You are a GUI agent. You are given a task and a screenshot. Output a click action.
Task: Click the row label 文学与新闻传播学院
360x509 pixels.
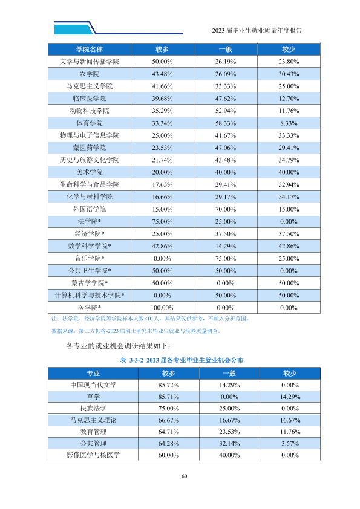[90, 62]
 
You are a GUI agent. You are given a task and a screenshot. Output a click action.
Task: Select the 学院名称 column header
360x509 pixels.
[90, 50]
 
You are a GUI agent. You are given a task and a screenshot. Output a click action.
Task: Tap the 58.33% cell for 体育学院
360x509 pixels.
[226, 123]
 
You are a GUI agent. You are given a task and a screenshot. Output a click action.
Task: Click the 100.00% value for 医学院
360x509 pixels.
[163, 308]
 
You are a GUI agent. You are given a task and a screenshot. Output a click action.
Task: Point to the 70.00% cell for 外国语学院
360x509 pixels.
[226, 209]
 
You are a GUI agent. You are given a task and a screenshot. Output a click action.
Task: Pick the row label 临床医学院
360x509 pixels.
[90, 99]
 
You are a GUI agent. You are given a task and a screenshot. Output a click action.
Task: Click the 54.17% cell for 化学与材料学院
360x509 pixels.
[289, 197]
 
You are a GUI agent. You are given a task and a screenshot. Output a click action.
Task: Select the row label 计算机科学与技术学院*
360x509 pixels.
[90, 296]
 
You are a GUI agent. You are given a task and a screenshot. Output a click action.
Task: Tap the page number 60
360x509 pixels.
[184, 476]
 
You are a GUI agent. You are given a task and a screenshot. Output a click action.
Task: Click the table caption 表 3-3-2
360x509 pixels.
[131, 360]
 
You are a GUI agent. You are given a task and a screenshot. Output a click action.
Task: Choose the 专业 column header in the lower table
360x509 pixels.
[93, 374]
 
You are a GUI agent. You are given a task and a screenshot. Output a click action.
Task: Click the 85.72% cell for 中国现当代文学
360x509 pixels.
[169, 385]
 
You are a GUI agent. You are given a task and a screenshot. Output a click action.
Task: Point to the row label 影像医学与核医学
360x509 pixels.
[93, 455]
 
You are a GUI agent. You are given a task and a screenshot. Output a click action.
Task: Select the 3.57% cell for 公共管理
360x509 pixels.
[290, 444]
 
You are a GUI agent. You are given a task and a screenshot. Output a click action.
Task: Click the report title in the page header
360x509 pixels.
[257, 30]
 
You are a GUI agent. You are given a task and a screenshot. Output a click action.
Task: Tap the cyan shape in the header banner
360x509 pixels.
[73, 29]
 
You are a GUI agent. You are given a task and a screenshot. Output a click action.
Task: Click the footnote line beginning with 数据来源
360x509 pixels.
[137, 331]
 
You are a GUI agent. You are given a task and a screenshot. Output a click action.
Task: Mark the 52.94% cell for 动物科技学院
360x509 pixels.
[226, 111]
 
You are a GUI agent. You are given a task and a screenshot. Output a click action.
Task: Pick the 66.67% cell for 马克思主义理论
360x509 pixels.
[169, 420]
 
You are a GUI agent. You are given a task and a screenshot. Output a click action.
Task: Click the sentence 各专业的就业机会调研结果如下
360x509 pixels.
[119, 346]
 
